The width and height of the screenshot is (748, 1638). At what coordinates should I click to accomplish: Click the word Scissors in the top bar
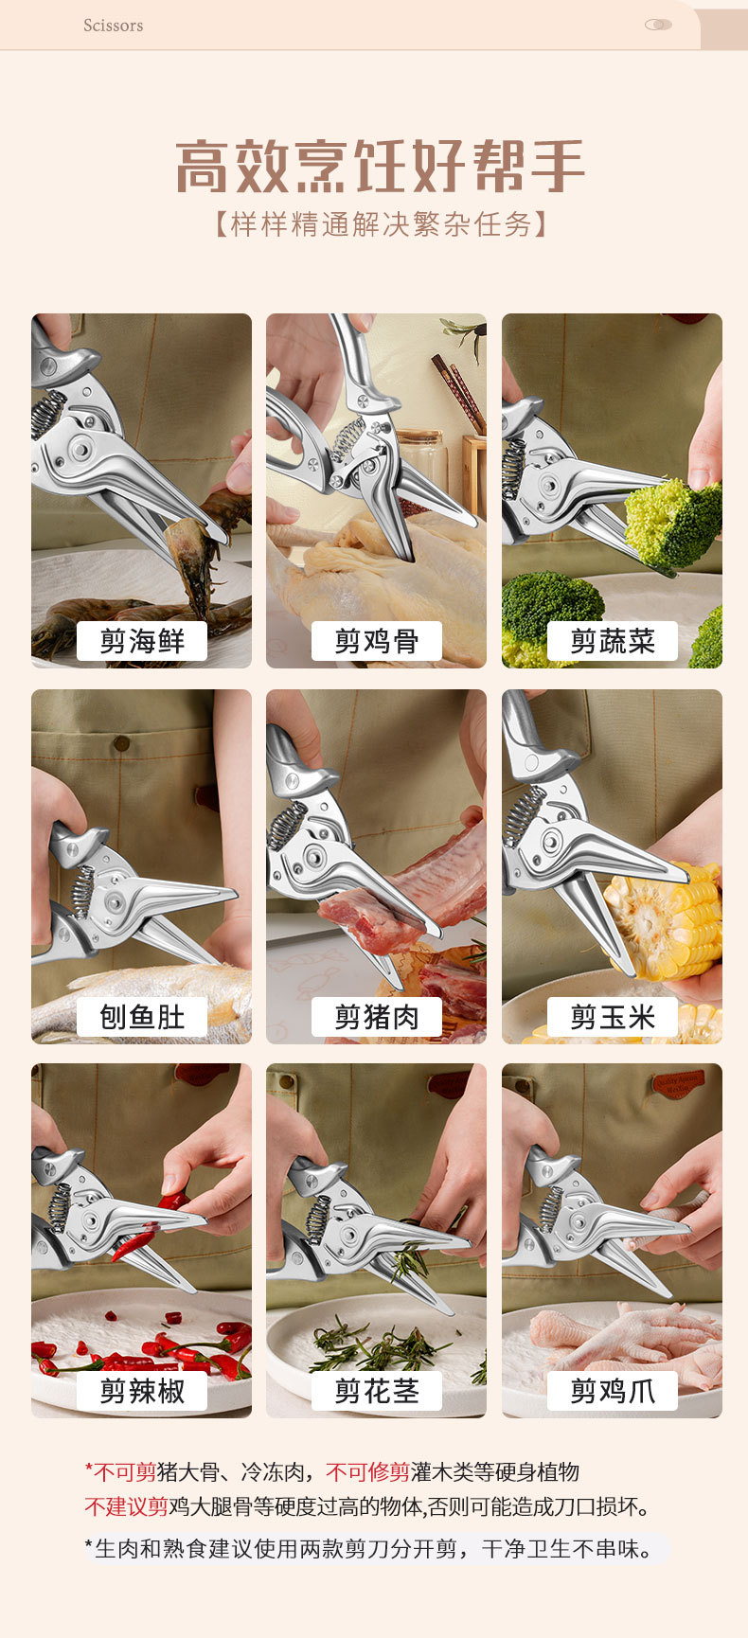coord(113,26)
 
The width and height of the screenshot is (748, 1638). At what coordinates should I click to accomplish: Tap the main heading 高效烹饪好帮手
coord(380,166)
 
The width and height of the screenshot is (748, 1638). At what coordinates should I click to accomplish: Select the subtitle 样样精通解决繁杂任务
coord(381,224)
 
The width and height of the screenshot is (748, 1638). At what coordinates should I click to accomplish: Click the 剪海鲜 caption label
coord(142,641)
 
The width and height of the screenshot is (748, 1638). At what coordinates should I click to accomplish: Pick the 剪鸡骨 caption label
coord(377,641)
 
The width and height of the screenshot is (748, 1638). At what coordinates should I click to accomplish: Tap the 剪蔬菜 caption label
coord(613,641)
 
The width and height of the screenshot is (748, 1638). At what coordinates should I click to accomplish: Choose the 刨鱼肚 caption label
coord(142,1017)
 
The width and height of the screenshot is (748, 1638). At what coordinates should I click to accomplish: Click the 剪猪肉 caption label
coord(377,1017)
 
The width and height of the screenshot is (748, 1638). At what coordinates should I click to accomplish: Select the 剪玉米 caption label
coord(613,1017)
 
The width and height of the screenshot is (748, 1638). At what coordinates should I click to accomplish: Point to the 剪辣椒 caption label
coord(142,1391)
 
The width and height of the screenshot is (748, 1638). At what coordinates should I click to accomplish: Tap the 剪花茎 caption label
coord(377,1391)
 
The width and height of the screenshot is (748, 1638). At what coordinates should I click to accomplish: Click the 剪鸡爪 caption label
coord(613,1391)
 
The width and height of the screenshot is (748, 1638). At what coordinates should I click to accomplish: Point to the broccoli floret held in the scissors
coord(672,522)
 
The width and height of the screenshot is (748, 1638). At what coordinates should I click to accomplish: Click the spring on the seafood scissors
coord(47,414)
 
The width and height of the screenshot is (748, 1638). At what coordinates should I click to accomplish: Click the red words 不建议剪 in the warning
coord(126,1506)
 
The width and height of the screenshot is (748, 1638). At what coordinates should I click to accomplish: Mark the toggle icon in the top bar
coord(658,25)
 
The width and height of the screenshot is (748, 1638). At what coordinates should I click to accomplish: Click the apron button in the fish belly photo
coord(121,744)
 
